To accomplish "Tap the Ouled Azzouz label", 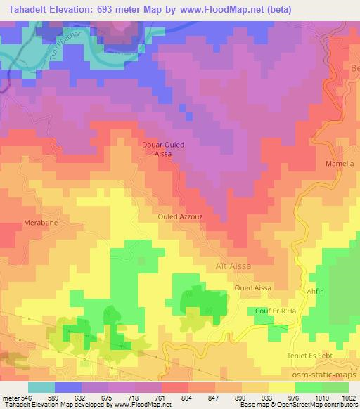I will (180, 217).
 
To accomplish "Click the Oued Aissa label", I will (252, 288).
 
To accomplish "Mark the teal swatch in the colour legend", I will (41, 387).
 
